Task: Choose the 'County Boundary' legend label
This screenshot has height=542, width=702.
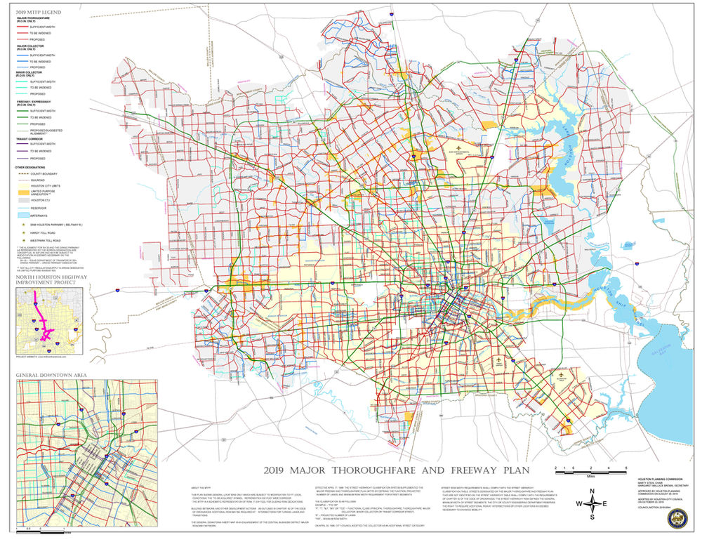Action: point(43,172)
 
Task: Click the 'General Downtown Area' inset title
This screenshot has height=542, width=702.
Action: point(51,376)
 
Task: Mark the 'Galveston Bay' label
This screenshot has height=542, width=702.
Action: point(666,348)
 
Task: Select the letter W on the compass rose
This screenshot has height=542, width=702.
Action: point(579,503)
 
